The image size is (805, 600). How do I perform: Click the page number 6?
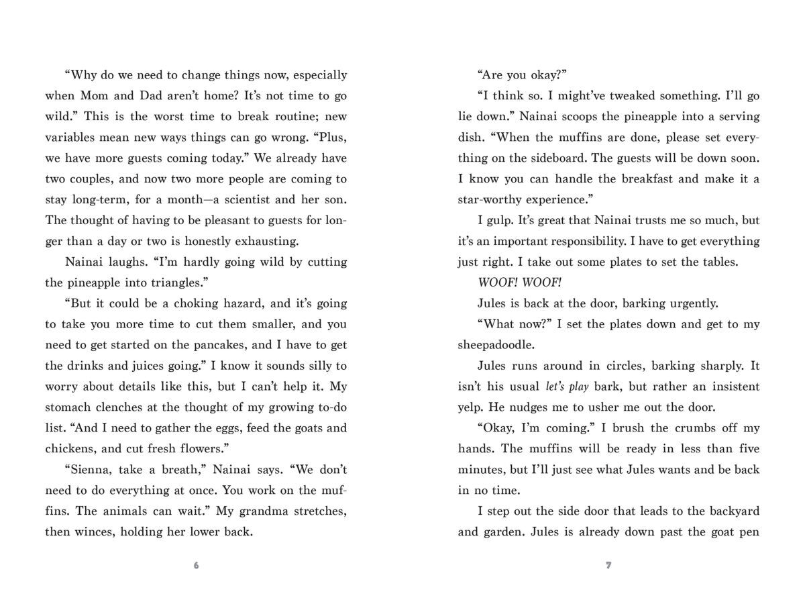[196, 565]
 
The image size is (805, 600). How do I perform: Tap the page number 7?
[608, 565]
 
